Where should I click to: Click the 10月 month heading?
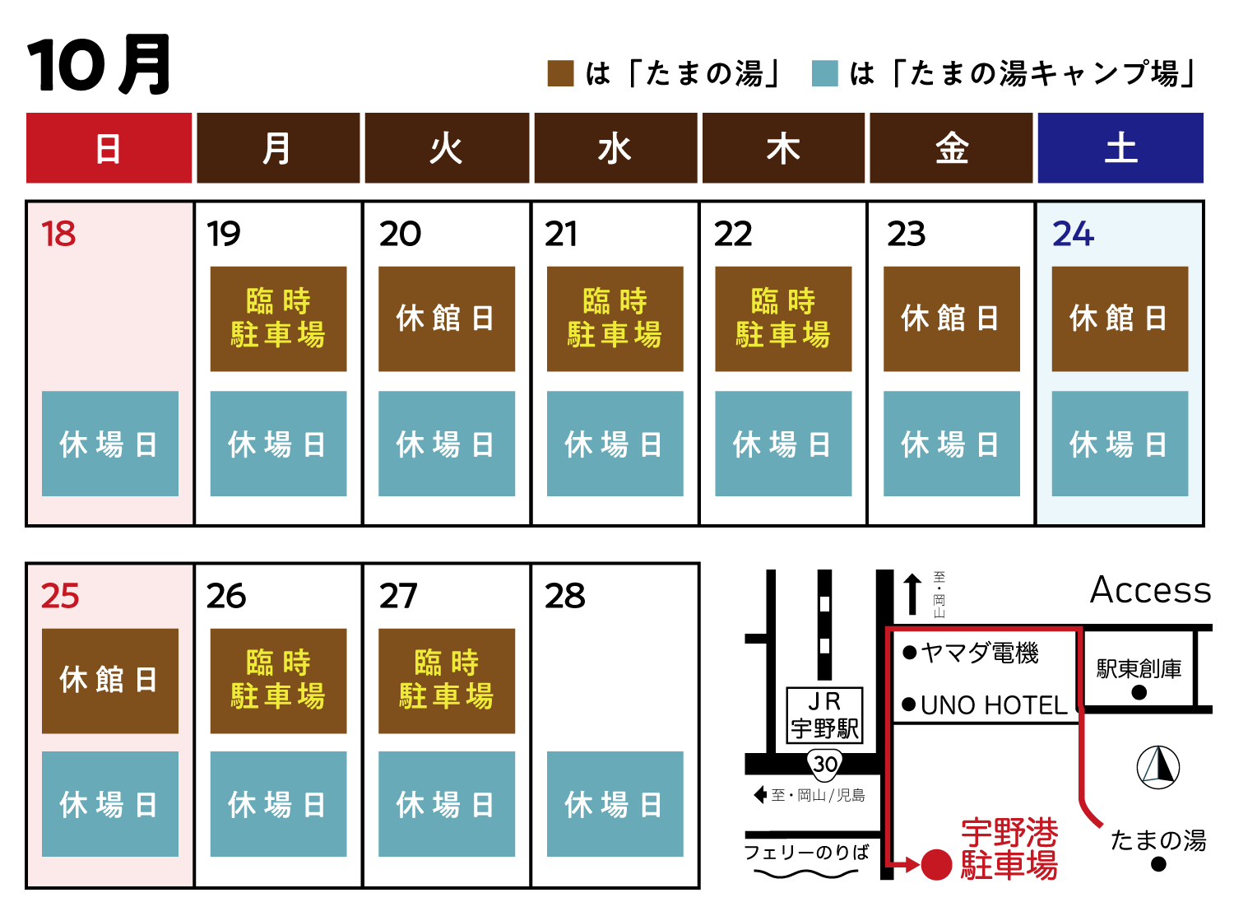point(99,64)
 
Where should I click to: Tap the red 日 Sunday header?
point(109,147)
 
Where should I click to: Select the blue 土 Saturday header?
point(1120,147)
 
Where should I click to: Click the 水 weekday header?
point(615,147)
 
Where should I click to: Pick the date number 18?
point(58,233)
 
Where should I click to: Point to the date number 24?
point(1074,233)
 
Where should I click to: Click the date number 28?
point(564,596)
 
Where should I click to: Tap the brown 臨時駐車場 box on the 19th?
point(278,319)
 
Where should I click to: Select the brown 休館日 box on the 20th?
point(446,319)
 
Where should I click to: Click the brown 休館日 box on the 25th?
point(110,681)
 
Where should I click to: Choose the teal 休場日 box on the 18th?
point(110,444)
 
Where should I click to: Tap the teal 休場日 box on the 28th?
point(615,803)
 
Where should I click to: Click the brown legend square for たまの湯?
point(560,73)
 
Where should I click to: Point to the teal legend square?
point(824,73)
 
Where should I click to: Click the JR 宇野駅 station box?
point(824,715)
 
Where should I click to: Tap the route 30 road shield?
point(824,764)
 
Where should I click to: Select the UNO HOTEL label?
point(994,705)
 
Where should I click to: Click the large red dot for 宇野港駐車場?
point(936,865)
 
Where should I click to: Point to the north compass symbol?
point(1157,767)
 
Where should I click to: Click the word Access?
point(1150,590)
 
